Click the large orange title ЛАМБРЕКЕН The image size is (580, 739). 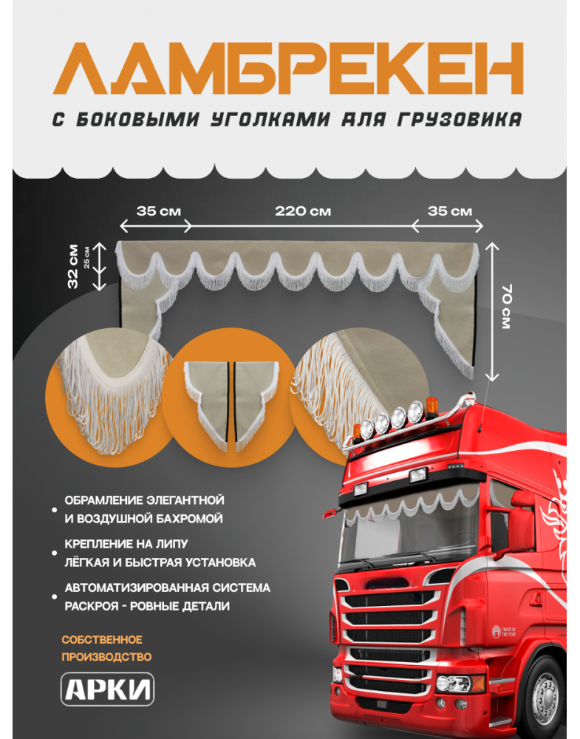288,69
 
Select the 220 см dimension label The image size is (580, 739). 303,211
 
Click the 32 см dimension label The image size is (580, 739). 72,267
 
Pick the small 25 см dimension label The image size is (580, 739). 86,257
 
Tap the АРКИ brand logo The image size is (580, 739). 107,689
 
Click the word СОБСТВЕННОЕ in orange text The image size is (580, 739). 102,639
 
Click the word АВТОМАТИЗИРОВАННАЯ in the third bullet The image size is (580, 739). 137,588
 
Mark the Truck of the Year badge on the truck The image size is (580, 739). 504,631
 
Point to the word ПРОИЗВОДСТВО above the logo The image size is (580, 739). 106,656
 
